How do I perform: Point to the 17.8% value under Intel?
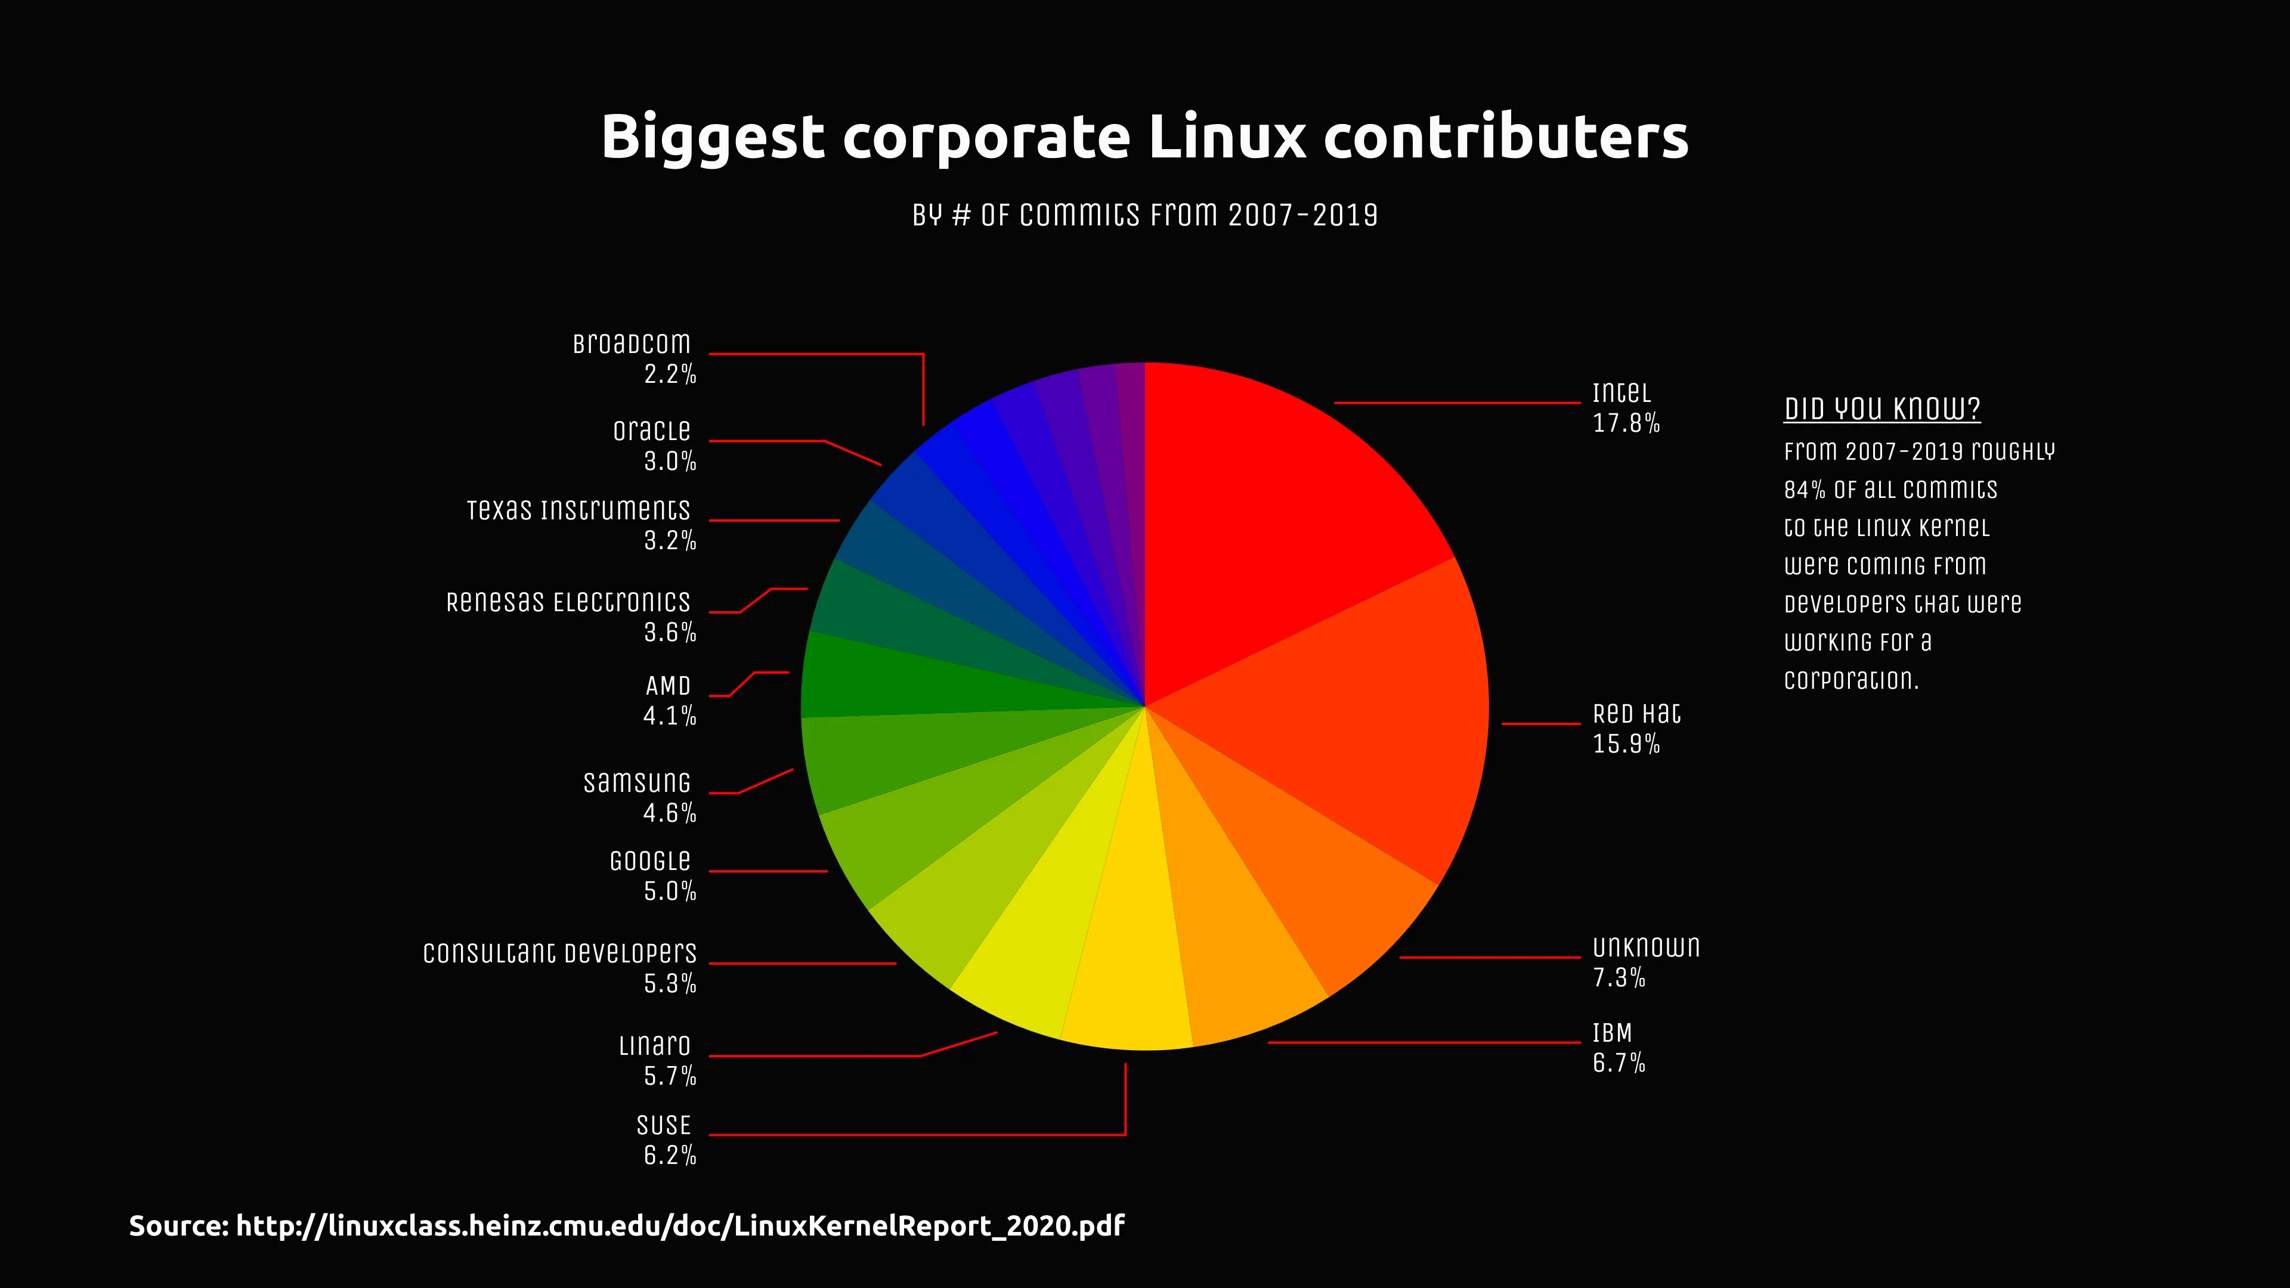pyautogui.click(x=1626, y=424)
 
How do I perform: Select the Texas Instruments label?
pyautogui.click(x=578, y=510)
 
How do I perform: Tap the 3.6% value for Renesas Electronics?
pyautogui.click(x=669, y=633)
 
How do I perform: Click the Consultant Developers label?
pyautogui.click(x=559, y=953)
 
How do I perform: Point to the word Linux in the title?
pyautogui.click(x=1227, y=137)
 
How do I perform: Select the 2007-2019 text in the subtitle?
pyautogui.click(x=1302, y=215)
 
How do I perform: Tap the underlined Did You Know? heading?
pyautogui.click(x=1882, y=409)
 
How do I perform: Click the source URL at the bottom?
pyautogui.click(x=679, y=1226)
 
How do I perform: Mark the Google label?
pyautogui.click(x=650, y=861)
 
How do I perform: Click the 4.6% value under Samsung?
pyautogui.click(x=669, y=813)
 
